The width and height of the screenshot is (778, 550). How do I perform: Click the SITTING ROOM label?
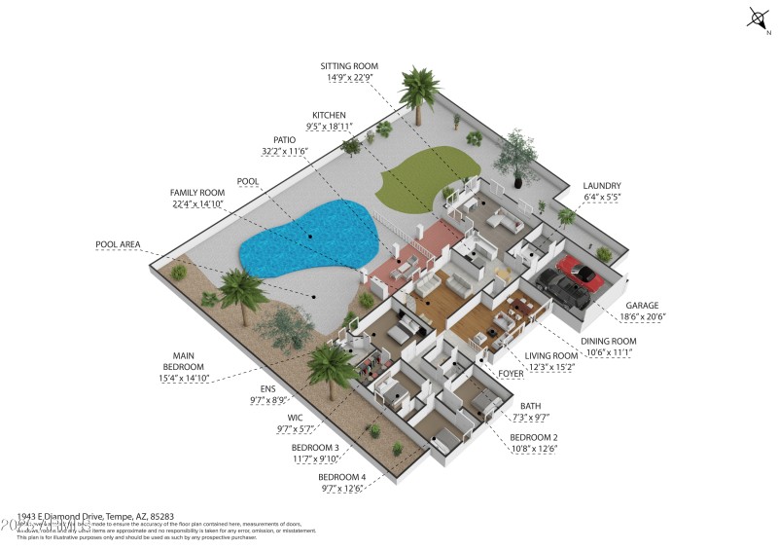click(349, 66)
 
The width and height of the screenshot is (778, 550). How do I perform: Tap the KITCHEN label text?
click(329, 115)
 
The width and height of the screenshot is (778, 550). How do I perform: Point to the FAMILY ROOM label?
click(197, 193)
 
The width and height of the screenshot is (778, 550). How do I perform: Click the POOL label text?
click(248, 181)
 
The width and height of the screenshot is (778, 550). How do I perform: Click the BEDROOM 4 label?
click(341, 477)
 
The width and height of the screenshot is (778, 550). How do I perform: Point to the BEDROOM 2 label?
click(534, 436)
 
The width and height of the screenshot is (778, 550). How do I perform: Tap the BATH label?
click(530, 405)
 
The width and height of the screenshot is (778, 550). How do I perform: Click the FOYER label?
click(512, 372)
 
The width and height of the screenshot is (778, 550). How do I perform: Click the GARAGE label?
click(642, 304)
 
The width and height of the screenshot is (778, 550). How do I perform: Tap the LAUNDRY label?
click(602, 185)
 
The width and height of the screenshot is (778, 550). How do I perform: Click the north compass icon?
click(757, 18)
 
